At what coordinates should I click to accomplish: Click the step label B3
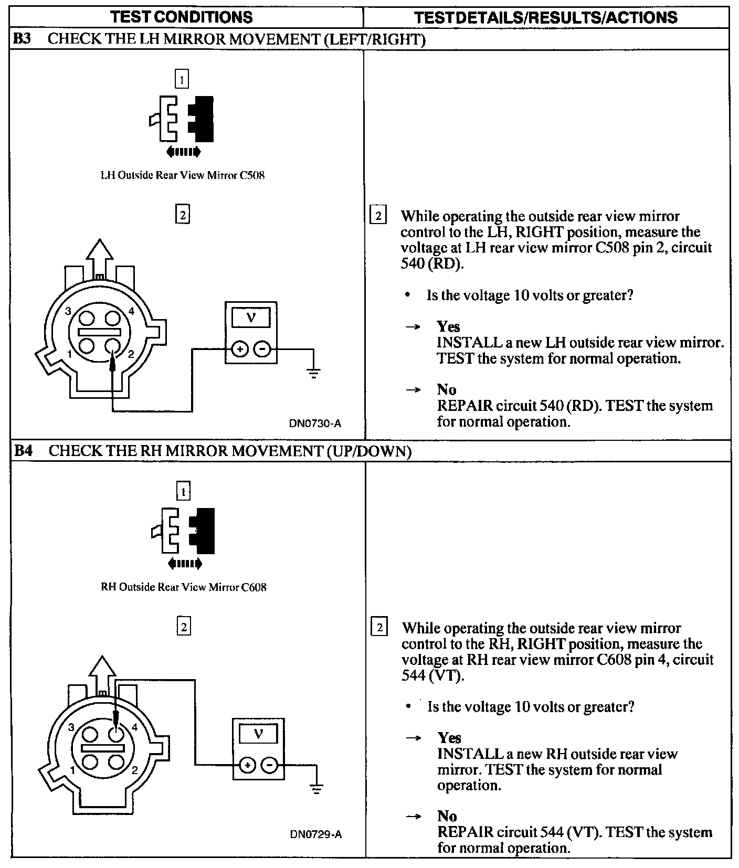[x=23, y=39]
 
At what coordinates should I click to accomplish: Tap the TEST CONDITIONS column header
[x=182, y=17]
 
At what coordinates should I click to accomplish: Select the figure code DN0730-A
[x=315, y=423]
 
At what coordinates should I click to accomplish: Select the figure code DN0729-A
[x=316, y=834]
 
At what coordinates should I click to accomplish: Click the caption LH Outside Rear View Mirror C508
[x=182, y=175]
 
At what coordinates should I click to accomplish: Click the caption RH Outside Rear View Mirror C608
[x=183, y=587]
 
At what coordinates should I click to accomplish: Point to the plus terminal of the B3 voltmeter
[x=240, y=348]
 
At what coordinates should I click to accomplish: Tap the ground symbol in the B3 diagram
[x=313, y=373]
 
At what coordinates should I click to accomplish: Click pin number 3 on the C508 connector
[x=68, y=311]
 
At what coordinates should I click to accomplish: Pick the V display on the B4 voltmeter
[x=258, y=734]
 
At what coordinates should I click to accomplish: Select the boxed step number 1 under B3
[x=182, y=79]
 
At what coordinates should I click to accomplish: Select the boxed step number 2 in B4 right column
[x=379, y=628]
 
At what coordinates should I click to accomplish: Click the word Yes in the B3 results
[x=448, y=326]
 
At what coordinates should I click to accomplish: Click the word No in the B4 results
[x=447, y=816]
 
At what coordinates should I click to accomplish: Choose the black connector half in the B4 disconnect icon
[x=204, y=530]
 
